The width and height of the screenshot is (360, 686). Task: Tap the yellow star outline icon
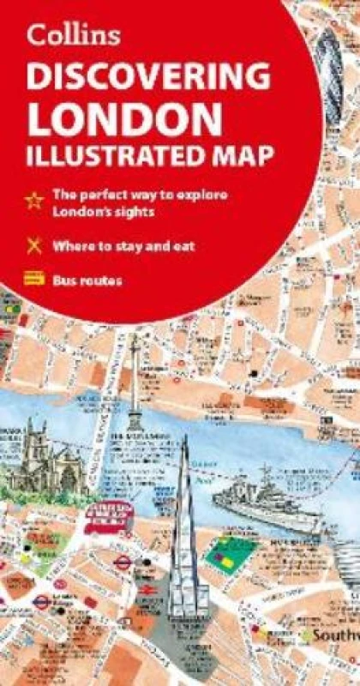click(33, 199)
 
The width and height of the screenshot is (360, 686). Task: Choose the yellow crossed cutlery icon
click(33, 246)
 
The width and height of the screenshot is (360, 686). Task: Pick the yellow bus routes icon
click(33, 278)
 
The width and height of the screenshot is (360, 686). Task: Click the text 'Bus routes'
click(87, 279)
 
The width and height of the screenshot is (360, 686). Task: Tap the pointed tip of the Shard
click(184, 439)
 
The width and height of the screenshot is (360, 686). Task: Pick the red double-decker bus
click(109, 517)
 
